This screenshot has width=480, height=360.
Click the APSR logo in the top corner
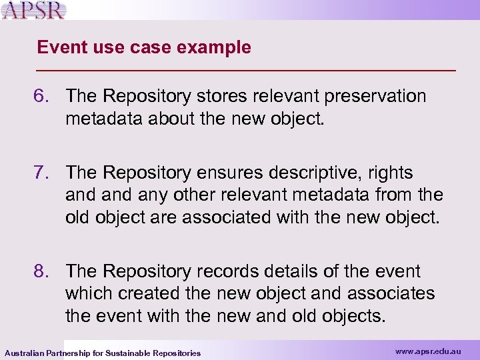pos(34,11)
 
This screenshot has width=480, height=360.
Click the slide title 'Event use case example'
pos(144,47)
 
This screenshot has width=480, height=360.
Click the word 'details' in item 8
pos(281,271)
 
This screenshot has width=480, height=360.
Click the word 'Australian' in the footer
pos(25,353)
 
